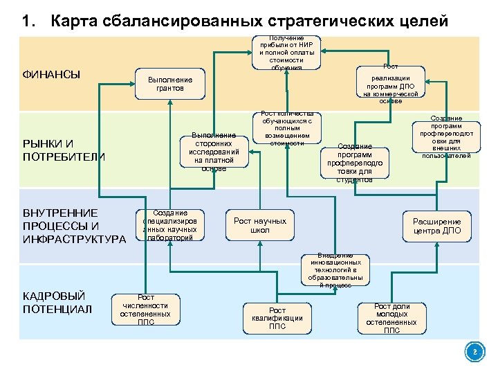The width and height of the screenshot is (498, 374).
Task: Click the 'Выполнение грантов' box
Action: (169, 84)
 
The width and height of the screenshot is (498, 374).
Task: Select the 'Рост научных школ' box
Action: (259, 225)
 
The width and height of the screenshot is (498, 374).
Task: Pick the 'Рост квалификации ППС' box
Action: (277, 318)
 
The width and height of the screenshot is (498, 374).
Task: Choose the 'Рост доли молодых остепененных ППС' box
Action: (391, 318)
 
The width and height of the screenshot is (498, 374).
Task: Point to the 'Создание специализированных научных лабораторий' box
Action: (169, 225)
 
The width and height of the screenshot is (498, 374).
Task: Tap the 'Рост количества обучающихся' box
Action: (287, 129)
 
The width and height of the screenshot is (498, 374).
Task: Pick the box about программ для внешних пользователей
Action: (446, 137)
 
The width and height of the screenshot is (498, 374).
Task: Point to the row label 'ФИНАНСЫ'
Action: (52, 74)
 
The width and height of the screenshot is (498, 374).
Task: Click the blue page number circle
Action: (474, 353)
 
